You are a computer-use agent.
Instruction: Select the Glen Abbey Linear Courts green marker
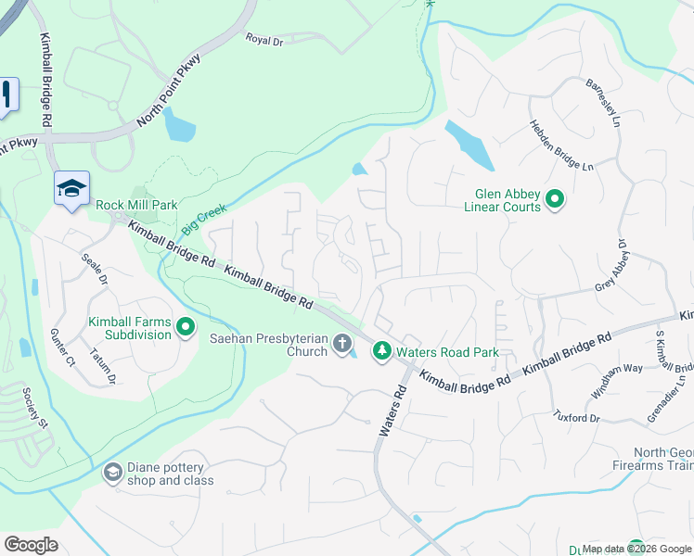point(555,199)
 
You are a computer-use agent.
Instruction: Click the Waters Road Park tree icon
point(381,351)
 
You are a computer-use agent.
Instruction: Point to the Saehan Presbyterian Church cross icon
point(342,345)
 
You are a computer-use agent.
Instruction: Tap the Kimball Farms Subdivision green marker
point(185,327)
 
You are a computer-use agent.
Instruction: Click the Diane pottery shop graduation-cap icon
point(112,474)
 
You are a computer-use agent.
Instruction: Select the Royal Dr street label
point(263,39)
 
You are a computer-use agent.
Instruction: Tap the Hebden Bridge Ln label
point(560,145)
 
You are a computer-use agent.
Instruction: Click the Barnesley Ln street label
point(600,101)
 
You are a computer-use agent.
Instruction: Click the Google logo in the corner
point(32,545)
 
